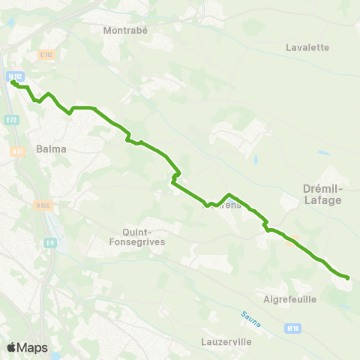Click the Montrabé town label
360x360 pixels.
click(x=128, y=31)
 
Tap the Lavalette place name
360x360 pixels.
click(x=307, y=47)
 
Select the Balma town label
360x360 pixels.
click(x=51, y=148)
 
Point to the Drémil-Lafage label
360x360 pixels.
click(x=322, y=195)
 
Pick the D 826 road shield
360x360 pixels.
click(x=41, y=204)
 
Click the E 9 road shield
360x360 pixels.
click(x=49, y=242)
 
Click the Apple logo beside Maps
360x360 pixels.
click(x=11, y=347)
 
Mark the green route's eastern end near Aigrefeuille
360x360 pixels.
click(x=347, y=278)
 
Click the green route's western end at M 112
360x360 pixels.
click(x=13, y=82)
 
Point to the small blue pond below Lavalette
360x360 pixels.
click(x=256, y=160)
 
